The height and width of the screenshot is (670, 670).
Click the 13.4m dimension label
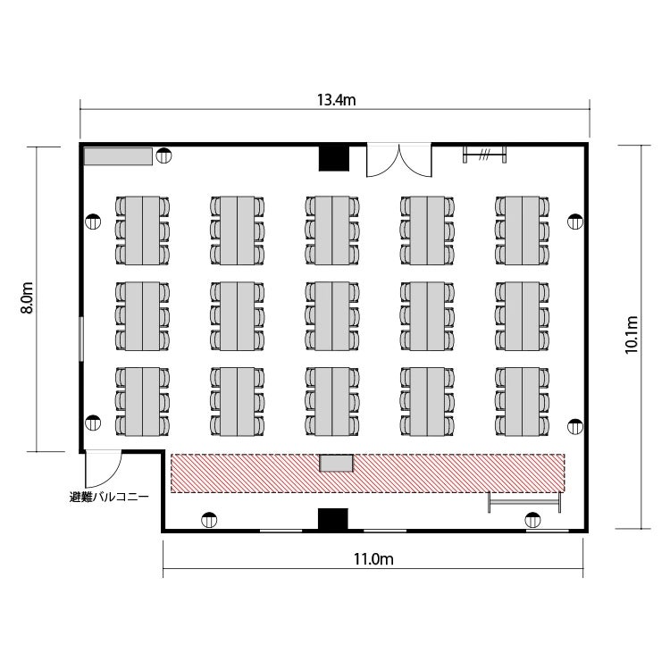click(336, 100)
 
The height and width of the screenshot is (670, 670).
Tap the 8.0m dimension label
click(27, 297)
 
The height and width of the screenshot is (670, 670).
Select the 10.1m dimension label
click(631, 335)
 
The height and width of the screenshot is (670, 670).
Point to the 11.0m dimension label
click(373, 559)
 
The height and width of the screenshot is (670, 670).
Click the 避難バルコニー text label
click(109, 497)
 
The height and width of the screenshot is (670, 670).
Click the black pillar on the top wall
click(334, 158)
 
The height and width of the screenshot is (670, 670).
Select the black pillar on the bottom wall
click(333, 519)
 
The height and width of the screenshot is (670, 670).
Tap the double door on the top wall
click(399, 160)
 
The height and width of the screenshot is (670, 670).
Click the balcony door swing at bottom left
click(104, 469)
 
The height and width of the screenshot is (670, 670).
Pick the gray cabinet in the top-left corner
click(118, 156)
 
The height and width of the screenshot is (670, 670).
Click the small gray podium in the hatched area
click(336, 463)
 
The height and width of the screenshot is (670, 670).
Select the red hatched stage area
click(368, 473)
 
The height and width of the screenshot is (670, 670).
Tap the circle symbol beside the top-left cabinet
click(163, 156)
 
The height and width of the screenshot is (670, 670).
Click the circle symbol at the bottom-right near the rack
click(532, 520)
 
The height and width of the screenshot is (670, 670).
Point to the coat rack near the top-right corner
click(484, 155)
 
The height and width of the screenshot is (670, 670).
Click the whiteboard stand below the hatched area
click(524, 502)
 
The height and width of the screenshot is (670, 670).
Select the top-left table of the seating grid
click(142, 230)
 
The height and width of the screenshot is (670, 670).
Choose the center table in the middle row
click(332, 316)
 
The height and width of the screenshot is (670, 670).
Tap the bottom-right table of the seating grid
click(522, 402)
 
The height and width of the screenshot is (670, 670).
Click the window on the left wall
click(81, 339)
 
